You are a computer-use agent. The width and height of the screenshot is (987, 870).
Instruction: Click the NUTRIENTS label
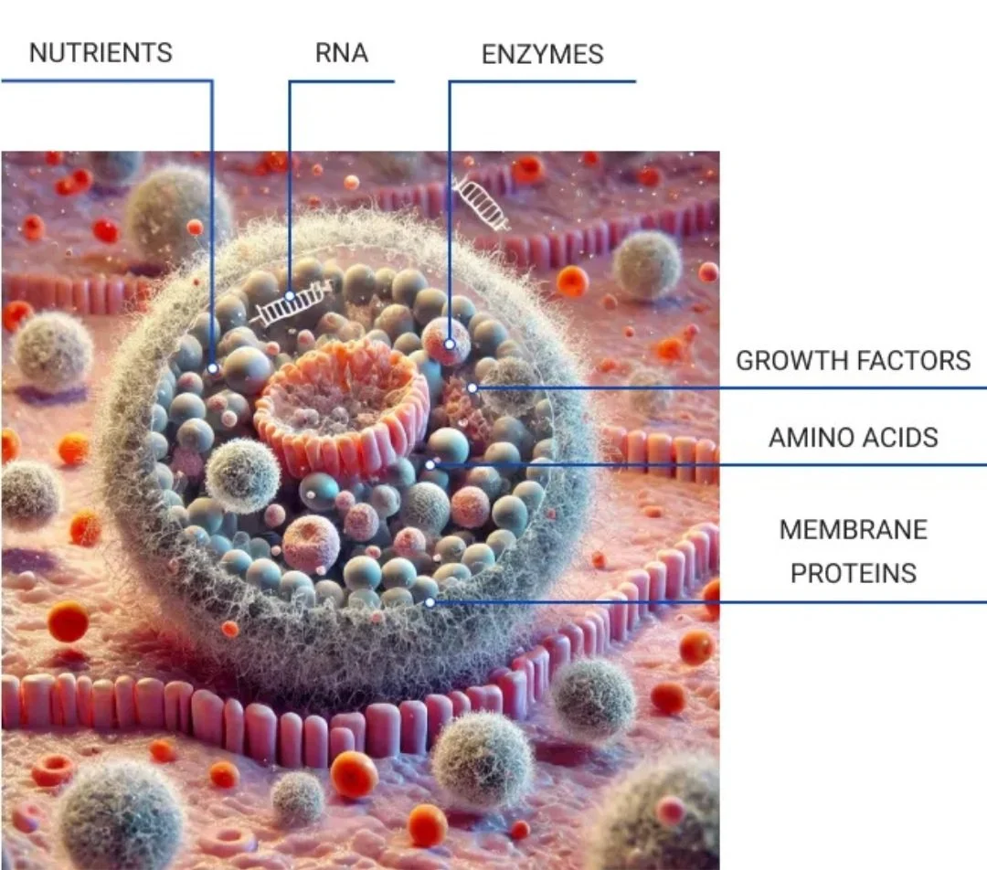pyautogui.click(x=101, y=53)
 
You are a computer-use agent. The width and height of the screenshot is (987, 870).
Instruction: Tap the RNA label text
pyautogui.click(x=341, y=53)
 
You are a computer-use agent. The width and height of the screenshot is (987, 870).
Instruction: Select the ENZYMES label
pyautogui.click(x=542, y=54)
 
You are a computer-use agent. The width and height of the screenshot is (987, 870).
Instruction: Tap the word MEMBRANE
pyautogui.click(x=853, y=529)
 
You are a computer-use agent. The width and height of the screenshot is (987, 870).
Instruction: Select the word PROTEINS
pyautogui.click(x=853, y=573)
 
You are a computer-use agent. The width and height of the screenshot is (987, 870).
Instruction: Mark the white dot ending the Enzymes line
pyautogui.click(x=449, y=345)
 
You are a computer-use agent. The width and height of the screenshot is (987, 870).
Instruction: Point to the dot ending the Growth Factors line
pyautogui.click(x=472, y=388)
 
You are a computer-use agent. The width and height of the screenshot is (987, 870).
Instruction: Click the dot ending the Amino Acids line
pyautogui.click(x=430, y=465)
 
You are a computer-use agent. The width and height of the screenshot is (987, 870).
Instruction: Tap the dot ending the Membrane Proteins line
pyautogui.click(x=430, y=602)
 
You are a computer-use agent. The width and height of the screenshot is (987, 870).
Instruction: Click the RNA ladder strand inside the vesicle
pyautogui.click(x=292, y=304)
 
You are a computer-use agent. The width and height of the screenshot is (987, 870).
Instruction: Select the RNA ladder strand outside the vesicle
pyautogui.click(x=482, y=203)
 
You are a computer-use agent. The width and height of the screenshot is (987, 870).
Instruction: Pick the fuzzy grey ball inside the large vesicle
pyautogui.click(x=242, y=475)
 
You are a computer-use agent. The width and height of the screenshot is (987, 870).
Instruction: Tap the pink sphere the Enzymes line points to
pyautogui.click(x=446, y=342)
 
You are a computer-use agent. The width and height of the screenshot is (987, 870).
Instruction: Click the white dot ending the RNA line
pyautogui.click(x=290, y=296)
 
